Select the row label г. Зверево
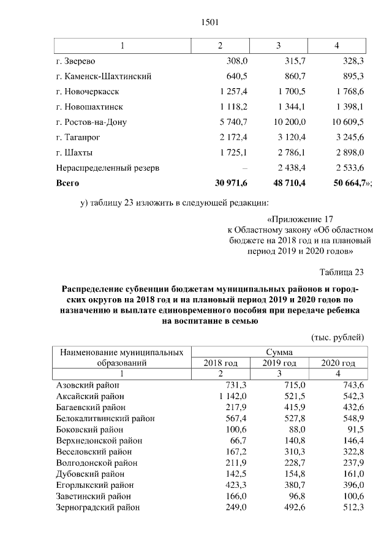tap(75, 62)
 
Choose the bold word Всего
tap(67, 182)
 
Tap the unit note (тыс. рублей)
tap(338, 337)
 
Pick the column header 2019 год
tap(280, 363)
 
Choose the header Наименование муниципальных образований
tap(121, 357)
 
